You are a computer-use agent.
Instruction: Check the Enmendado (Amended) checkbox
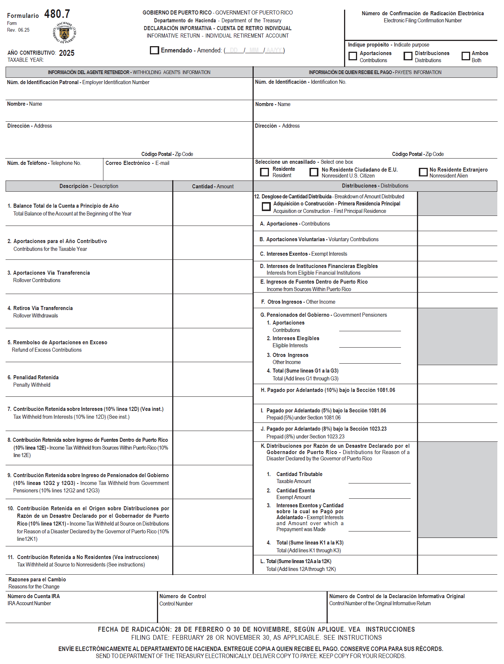(154, 50)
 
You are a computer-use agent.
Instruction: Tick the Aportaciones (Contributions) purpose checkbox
(353, 56)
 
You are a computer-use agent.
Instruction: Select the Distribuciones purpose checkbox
(408, 56)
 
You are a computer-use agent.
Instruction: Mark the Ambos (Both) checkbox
(466, 56)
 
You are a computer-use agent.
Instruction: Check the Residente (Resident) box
(264, 172)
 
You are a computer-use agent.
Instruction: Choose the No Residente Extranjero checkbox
(423, 172)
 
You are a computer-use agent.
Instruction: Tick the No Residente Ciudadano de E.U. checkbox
(314, 172)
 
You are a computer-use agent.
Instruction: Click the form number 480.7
(57, 14)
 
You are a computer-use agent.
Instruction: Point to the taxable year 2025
(67, 53)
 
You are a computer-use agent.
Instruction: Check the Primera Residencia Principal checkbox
(266, 207)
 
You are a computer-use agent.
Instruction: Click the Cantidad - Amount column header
(213, 186)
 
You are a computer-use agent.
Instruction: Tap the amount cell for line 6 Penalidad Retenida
(213, 380)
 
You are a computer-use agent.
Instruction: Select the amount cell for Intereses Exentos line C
(457, 253)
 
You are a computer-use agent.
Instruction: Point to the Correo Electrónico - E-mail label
(137, 163)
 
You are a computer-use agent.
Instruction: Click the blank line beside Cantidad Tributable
(379, 480)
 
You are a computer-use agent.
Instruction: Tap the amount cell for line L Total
(457, 565)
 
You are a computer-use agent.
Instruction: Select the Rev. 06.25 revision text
(18, 30)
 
